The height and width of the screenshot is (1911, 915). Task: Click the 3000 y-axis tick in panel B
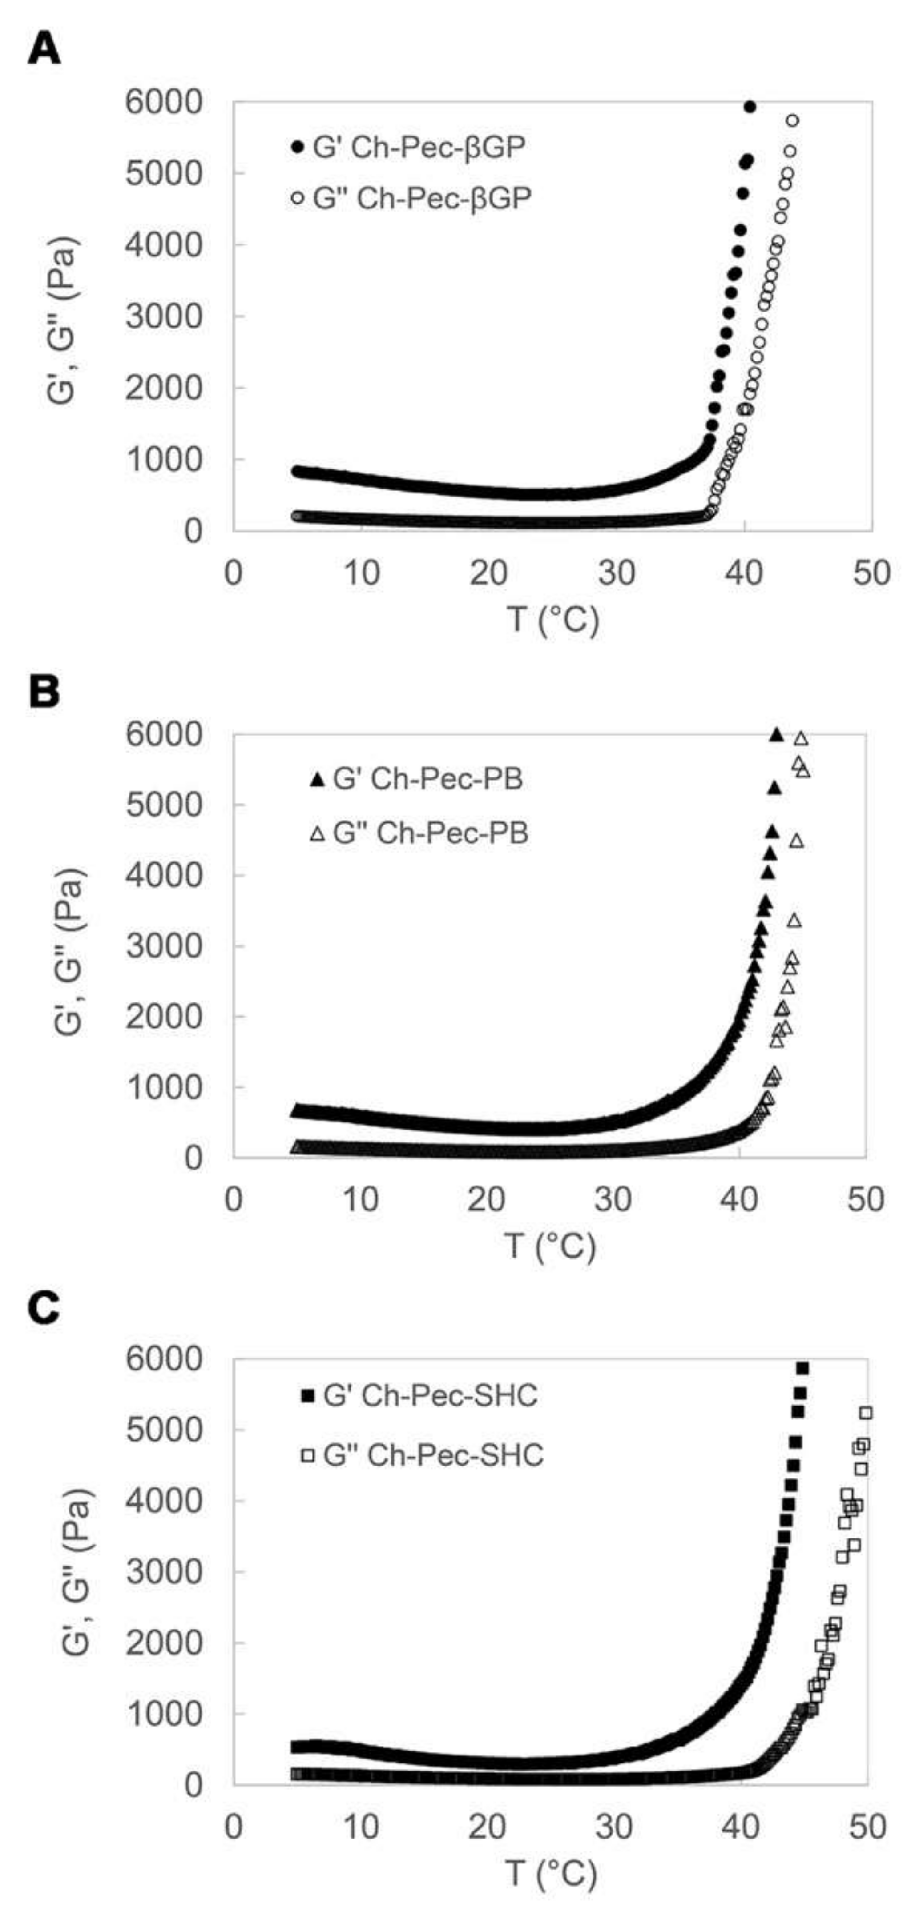click(164, 946)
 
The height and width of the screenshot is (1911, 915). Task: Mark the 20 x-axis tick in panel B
click(486, 1200)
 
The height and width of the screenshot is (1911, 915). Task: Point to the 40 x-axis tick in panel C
click(741, 1827)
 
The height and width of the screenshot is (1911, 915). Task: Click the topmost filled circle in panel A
click(750, 107)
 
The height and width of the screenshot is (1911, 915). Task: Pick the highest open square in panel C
click(865, 1413)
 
